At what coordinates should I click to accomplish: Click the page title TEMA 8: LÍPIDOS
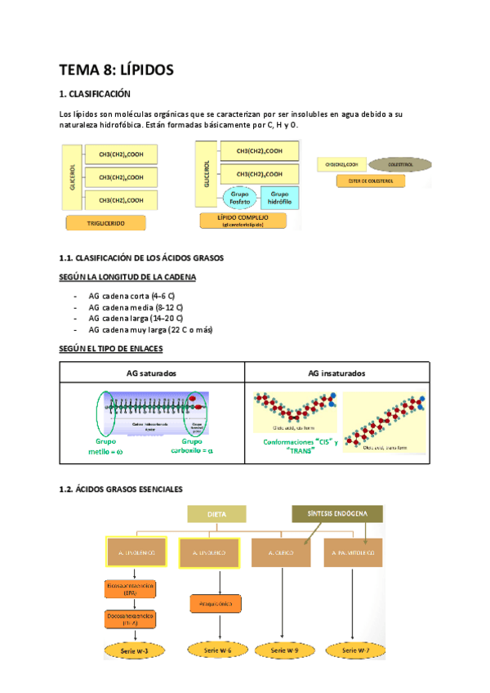[x=116, y=70]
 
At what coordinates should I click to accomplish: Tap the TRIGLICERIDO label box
[x=106, y=222]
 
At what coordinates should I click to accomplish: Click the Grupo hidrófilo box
[x=279, y=197]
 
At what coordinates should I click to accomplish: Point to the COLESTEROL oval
[x=386, y=164]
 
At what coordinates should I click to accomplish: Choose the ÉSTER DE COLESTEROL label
[x=360, y=181]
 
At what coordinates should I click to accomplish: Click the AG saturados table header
[x=152, y=373]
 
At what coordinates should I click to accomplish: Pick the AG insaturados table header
[x=336, y=373]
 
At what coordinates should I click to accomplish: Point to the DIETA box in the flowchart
[x=216, y=514]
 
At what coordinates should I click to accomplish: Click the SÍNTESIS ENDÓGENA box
[x=337, y=514]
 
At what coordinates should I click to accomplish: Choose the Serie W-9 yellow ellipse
[x=281, y=651]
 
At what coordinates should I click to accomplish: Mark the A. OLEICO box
[x=281, y=554]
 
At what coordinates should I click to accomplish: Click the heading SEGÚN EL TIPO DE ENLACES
[x=112, y=349]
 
